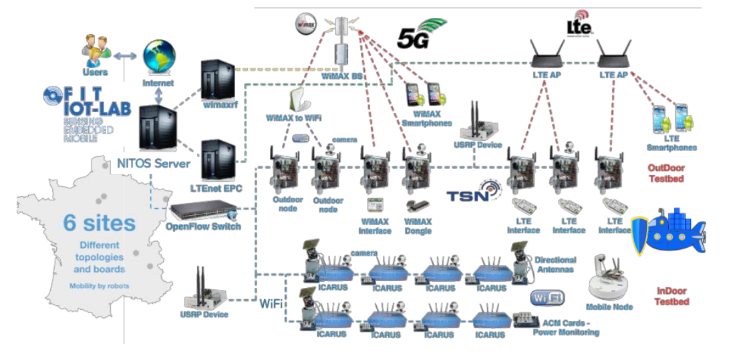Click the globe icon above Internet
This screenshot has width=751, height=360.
point(159,59)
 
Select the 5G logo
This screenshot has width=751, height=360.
point(420,33)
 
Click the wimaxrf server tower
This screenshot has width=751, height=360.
point(218,79)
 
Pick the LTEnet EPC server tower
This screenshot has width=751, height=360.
point(218,160)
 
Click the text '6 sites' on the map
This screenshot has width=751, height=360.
point(99,222)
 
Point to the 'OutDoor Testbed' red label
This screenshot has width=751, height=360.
point(666,174)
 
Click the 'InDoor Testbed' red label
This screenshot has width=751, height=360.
point(670,296)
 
